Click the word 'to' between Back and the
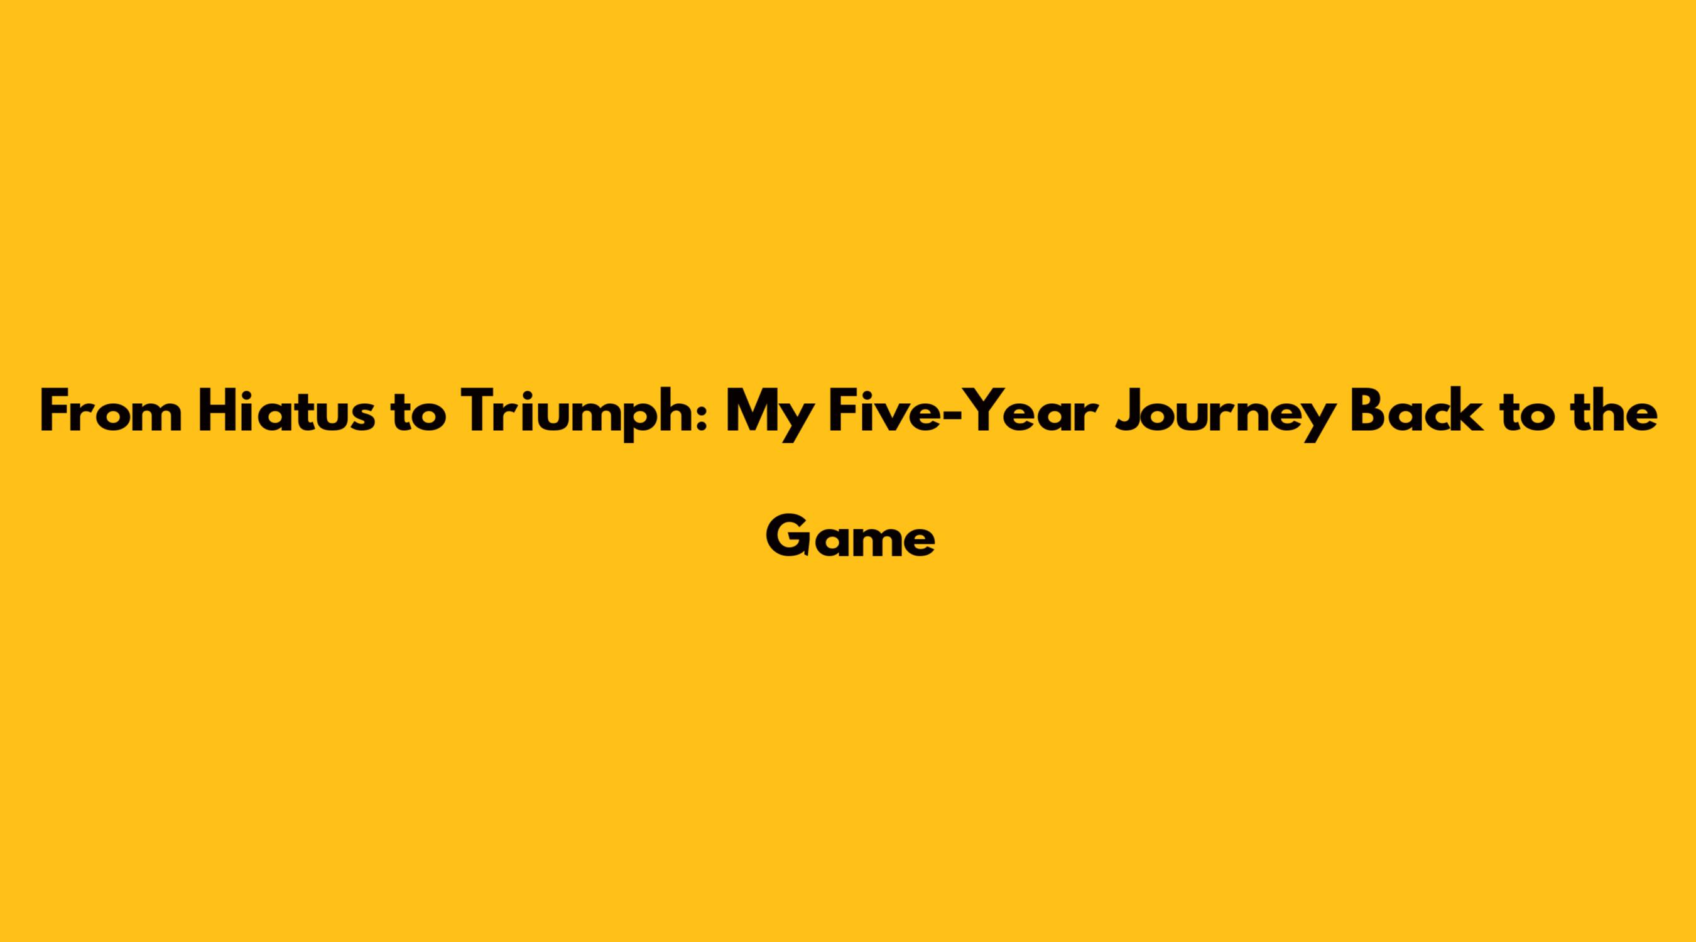(x=1527, y=414)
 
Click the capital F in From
(x=55, y=411)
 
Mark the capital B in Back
(x=1368, y=411)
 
